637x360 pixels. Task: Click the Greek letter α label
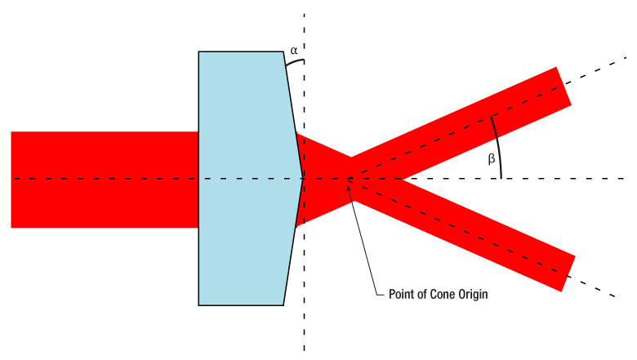pos(294,51)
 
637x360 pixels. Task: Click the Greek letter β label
pos(491,158)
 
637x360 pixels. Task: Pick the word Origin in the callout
pos(473,295)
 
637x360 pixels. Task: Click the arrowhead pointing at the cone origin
pos(348,184)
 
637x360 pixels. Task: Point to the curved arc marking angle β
pos(498,146)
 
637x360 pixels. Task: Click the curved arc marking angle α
pos(295,62)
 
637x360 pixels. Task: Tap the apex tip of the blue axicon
pos(303,178)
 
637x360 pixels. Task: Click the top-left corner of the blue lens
pos(198,51)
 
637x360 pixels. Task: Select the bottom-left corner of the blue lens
pos(198,305)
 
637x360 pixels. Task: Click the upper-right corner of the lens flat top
pos(283,51)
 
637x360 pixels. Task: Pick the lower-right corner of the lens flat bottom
pos(283,305)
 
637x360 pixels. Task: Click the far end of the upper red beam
pos(563,86)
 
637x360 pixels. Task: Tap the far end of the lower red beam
pos(568,273)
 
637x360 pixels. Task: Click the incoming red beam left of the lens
pos(105,180)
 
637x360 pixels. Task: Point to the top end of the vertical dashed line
pos(304,14)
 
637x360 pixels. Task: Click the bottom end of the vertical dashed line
pos(304,350)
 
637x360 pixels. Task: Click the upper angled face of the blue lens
pos(293,115)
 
